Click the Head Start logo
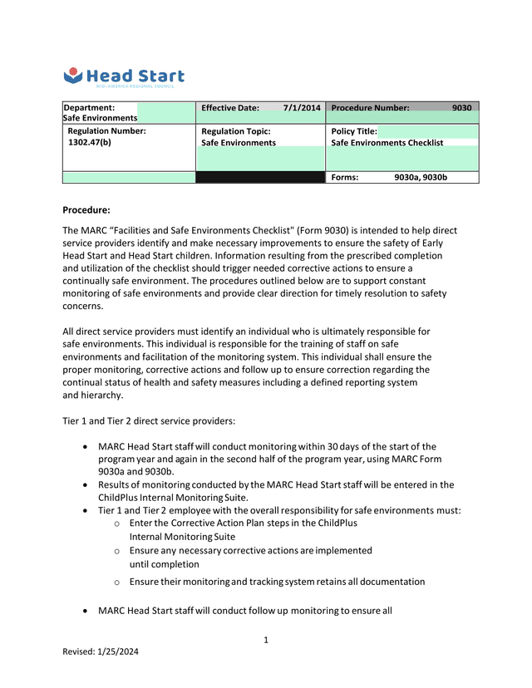[124, 77]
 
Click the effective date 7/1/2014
[301, 108]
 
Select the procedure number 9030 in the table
[461, 108]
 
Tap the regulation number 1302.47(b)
[89, 143]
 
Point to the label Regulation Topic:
[236, 131]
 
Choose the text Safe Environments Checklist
[387, 143]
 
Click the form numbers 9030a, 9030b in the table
[421, 177]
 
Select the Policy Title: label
[354, 131]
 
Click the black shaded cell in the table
[259, 177]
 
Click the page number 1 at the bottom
[265, 640]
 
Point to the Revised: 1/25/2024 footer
[101, 652]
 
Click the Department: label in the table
[89, 108]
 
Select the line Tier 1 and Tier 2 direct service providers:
[155, 421]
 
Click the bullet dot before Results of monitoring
[87, 485]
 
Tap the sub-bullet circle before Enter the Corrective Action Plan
[118, 523]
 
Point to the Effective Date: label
[230, 108]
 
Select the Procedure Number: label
[370, 108]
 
